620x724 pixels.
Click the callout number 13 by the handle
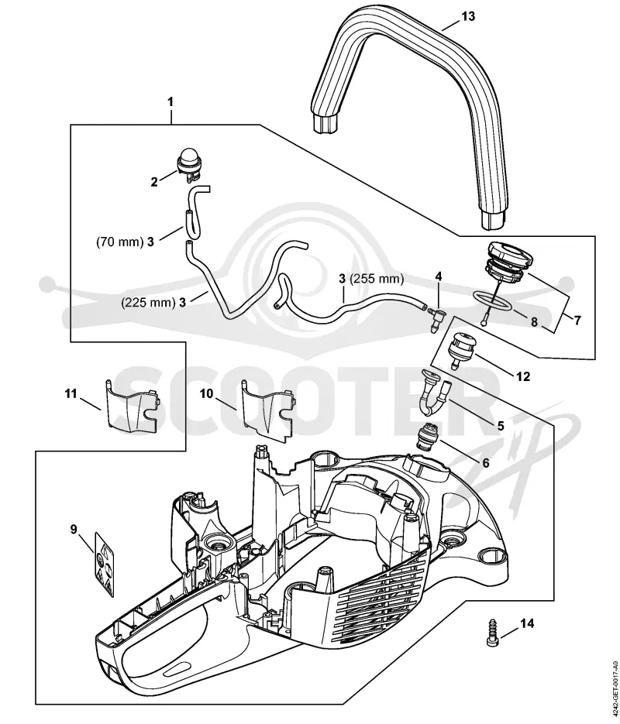click(x=468, y=16)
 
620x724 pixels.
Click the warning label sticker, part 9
click(x=105, y=564)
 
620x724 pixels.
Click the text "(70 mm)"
click(x=120, y=242)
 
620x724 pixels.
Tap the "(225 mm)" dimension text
click(x=148, y=303)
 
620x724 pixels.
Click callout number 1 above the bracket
click(x=170, y=101)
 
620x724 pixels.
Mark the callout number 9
click(x=74, y=529)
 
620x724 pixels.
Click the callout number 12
click(x=523, y=377)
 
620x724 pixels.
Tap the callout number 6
click(x=486, y=462)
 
